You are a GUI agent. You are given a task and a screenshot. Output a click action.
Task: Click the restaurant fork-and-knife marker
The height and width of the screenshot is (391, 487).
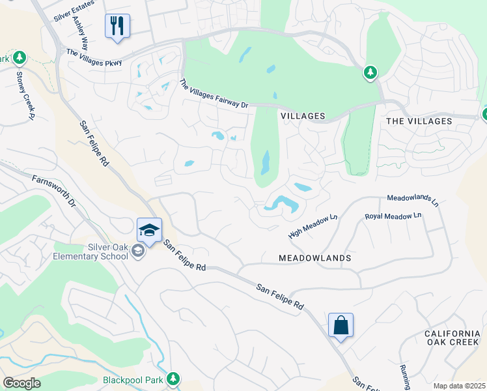117,27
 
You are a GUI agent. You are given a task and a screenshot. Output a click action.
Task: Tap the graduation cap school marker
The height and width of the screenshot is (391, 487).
148,231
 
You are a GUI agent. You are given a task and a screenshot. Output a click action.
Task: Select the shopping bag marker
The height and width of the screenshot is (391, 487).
341,325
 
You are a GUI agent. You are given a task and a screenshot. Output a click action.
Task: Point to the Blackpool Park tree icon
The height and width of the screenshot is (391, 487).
173,378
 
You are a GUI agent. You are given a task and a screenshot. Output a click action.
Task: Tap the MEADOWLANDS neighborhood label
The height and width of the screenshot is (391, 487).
314,258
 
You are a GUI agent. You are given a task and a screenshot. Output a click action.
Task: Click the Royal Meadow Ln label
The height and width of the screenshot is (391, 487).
393,216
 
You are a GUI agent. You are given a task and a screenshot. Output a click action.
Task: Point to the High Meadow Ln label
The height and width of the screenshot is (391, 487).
313,226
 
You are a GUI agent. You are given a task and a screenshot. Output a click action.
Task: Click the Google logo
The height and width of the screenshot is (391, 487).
21,383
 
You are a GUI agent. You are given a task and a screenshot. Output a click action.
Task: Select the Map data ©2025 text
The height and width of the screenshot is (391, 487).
458,386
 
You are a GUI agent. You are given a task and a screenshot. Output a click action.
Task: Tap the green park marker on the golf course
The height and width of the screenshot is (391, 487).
370,72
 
